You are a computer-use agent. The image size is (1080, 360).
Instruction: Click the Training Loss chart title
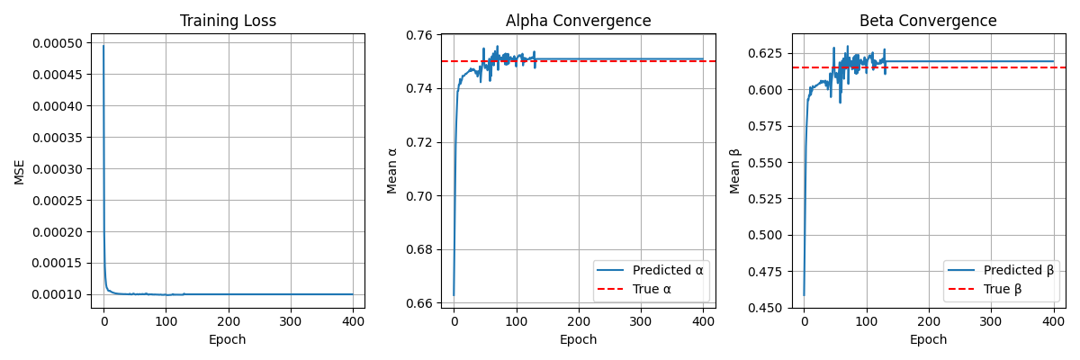pyautogui.click(x=228, y=21)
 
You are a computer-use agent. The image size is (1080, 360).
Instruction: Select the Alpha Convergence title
pyautogui.click(x=578, y=21)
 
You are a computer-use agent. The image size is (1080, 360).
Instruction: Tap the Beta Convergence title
pyautogui.click(x=928, y=21)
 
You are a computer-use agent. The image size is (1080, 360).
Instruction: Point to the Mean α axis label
pyautogui.click(x=391, y=171)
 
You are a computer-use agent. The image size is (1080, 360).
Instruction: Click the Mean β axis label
pyautogui.click(x=735, y=171)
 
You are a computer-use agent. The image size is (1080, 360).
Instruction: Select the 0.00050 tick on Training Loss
pyautogui.click(x=58, y=43)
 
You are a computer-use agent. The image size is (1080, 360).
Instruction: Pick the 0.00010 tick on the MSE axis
pyautogui.click(x=58, y=294)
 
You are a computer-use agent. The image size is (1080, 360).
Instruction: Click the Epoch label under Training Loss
pyautogui.click(x=228, y=340)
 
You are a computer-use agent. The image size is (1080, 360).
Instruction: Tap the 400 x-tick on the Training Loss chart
pyautogui.click(x=353, y=321)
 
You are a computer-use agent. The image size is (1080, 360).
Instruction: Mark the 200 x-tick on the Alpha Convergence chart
pyautogui.click(x=578, y=321)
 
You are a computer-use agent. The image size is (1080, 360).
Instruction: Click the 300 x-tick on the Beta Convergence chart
pyautogui.click(x=991, y=321)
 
